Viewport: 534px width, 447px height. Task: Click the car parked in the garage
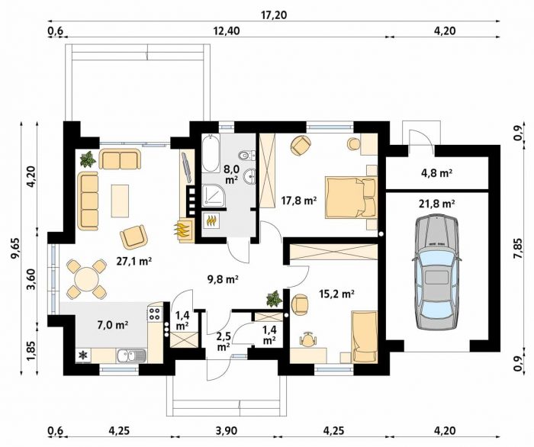click(437, 272)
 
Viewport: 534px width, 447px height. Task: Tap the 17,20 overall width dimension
click(274, 15)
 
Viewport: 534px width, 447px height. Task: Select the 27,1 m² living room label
click(133, 262)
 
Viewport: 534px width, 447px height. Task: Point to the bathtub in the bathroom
click(211, 153)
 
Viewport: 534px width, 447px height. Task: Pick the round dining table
click(86, 278)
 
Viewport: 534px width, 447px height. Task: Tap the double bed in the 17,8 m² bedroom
click(351, 198)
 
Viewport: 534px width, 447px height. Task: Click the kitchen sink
click(131, 356)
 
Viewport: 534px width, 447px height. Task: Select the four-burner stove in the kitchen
click(155, 314)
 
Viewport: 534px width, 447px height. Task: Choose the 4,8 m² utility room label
click(436, 173)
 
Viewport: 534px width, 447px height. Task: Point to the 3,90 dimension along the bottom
click(226, 431)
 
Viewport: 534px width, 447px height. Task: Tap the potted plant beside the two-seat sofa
click(88, 159)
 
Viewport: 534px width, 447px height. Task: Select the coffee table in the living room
click(120, 201)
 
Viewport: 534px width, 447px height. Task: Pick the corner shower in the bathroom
click(214, 196)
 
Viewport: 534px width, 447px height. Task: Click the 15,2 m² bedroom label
click(337, 294)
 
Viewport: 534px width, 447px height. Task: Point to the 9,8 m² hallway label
click(223, 279)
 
